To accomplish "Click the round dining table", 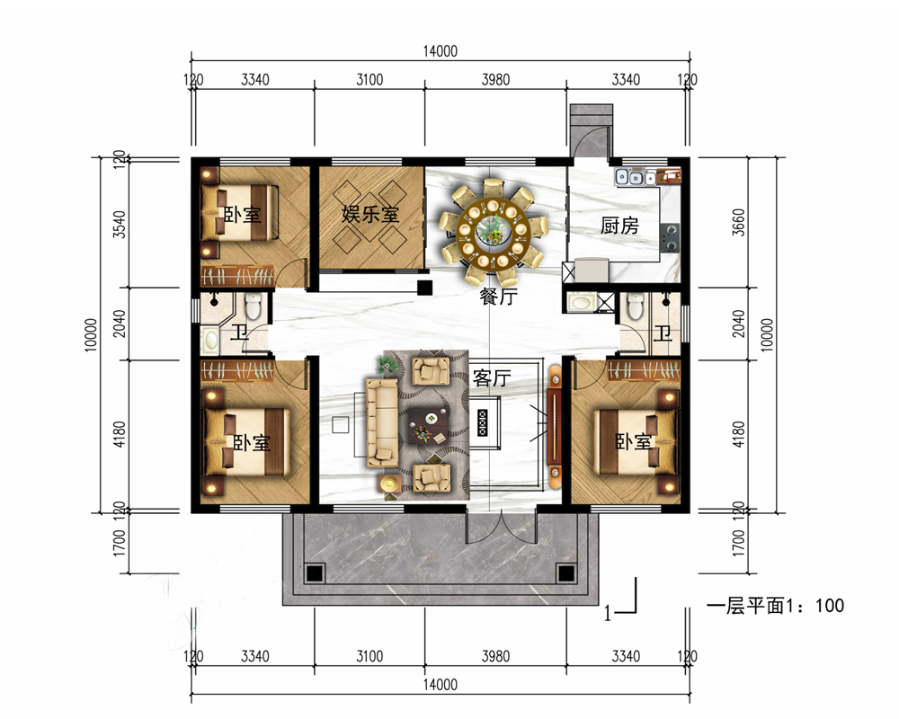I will (x=492, y=227).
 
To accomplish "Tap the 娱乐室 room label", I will (x=369, y=215).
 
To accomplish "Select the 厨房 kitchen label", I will (x=619, y=226).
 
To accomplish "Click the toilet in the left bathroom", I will (x=253, y=307).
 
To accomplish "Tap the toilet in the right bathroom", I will (x=636, y=307).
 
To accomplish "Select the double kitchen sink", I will (x=635, y=178).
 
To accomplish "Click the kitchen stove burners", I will (x=670, y=236).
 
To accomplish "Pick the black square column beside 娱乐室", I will (x=424, y=288).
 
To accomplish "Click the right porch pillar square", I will (x=565, y=573).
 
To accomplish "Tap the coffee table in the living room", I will (x=431, y=423).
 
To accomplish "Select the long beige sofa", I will (x=381, y=422).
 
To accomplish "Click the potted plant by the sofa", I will (x=387, y=364).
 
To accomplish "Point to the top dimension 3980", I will (x=495, y=80).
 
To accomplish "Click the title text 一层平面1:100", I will (x=775, y=607).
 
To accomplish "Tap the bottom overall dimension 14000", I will (x=441, y=685).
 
